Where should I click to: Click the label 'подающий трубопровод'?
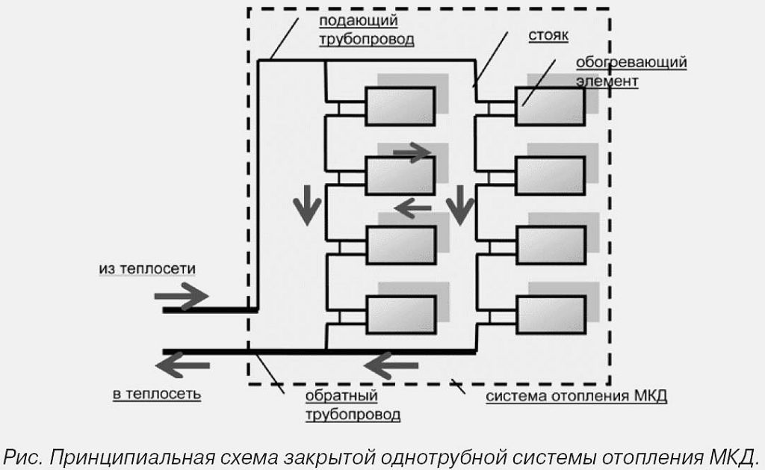tap(368, 31)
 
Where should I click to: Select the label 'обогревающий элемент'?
tap(631, 71)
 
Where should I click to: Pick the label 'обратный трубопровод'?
tap(351, 403)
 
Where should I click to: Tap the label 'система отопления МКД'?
tap(576, 395)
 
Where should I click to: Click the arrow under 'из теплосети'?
tap(182, 297)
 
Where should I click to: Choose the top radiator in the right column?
tap(551, 105)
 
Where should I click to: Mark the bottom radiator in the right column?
tap(551, 316)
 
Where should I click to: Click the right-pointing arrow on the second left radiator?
tap(412, 152)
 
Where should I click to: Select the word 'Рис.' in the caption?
tap(23, 454)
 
